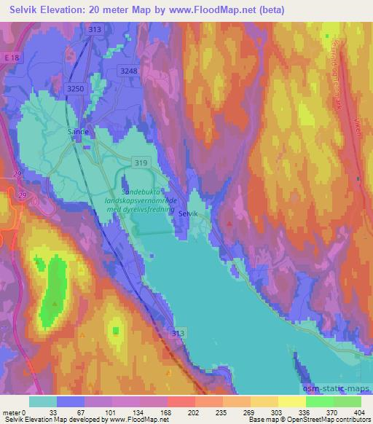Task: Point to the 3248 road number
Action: (x=128, y=70)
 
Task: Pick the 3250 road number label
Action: (x=76, y=86)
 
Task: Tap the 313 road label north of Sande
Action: (x=93, y=29)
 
